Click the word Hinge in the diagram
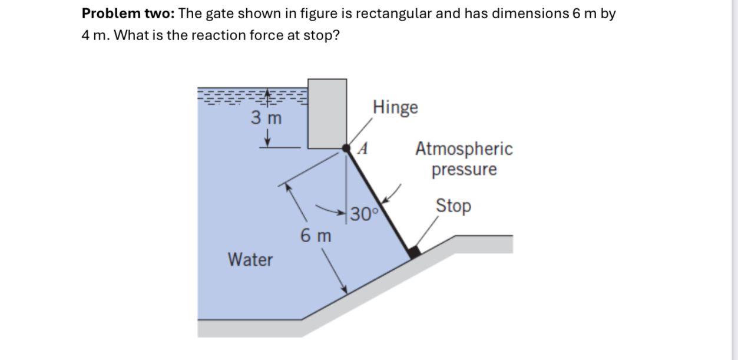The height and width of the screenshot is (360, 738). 396,108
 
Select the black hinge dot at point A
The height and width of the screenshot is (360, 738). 347,150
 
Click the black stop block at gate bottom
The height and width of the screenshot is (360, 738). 414,252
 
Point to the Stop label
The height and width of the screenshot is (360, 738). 453,206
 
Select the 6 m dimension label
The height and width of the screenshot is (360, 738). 316,236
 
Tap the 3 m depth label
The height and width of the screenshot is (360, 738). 267,118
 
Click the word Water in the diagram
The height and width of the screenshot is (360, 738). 250,259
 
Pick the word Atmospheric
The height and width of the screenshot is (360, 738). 464,149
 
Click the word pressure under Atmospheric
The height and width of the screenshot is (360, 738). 464,170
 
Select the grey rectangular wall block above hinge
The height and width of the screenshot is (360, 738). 327,113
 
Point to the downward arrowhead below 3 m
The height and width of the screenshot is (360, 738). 268,141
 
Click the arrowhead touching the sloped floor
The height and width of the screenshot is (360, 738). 344,289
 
